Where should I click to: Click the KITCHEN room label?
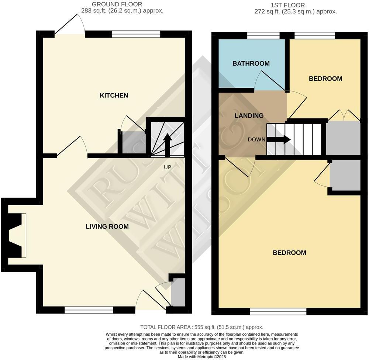tap(114, 96)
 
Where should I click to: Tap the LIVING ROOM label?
tap(107, 226)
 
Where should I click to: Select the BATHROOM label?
tap(251, 63)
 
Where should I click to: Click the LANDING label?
tap(249, 116)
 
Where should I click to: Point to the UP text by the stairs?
tap(168, 167)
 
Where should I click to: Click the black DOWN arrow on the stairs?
tap(279, 139)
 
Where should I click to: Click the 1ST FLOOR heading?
tap(288, 5)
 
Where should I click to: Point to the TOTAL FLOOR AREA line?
tap(201, 327)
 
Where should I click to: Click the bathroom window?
tap(263, 35)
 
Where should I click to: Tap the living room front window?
tap(89, 311)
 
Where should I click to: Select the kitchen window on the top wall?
tap(136, 34)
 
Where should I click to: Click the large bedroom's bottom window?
tap(278, 312)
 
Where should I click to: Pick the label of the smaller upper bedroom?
tap(325, 79)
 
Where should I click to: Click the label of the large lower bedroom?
tap(289, 253)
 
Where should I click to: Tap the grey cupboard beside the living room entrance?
tap(178, 292)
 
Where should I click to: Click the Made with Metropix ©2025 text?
tap(202, 357)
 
